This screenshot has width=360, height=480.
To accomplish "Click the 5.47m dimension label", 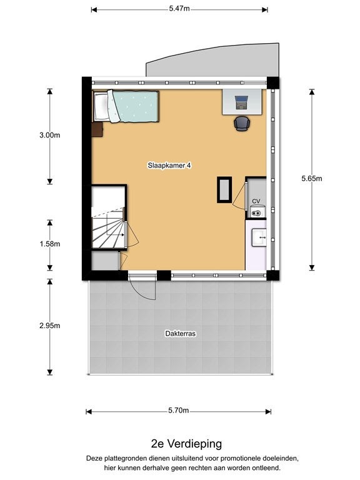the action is pos(179,9).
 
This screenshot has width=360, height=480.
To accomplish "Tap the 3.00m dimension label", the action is pos(49,135).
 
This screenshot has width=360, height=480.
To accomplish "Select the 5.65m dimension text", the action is pos(312,179).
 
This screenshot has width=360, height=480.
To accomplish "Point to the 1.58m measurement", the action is pos(49,244).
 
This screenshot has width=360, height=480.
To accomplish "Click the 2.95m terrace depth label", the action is pos(49,326).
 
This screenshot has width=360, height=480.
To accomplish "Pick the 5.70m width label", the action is pos(179,411).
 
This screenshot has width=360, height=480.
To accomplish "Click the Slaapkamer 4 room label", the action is pos(169,166).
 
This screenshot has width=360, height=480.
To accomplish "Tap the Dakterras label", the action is pos(180,333).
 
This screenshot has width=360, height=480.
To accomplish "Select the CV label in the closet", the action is pos(256,201).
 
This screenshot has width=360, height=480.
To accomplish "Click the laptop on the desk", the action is pos(241,102).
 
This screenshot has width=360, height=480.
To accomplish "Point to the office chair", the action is pos(242,124).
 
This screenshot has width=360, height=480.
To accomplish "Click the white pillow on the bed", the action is pos(101,106).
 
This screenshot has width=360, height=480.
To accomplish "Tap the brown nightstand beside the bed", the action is pos(97,129).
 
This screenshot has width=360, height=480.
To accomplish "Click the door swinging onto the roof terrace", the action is pos(142,287).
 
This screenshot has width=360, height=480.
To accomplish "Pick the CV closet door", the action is pos(240,196).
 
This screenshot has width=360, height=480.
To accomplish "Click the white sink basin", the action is pos(259,237).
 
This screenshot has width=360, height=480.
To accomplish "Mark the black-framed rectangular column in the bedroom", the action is pos(224,190).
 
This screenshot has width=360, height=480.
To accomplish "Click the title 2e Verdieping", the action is pos(186,444).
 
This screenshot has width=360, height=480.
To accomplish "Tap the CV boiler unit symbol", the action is pos(256,212).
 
